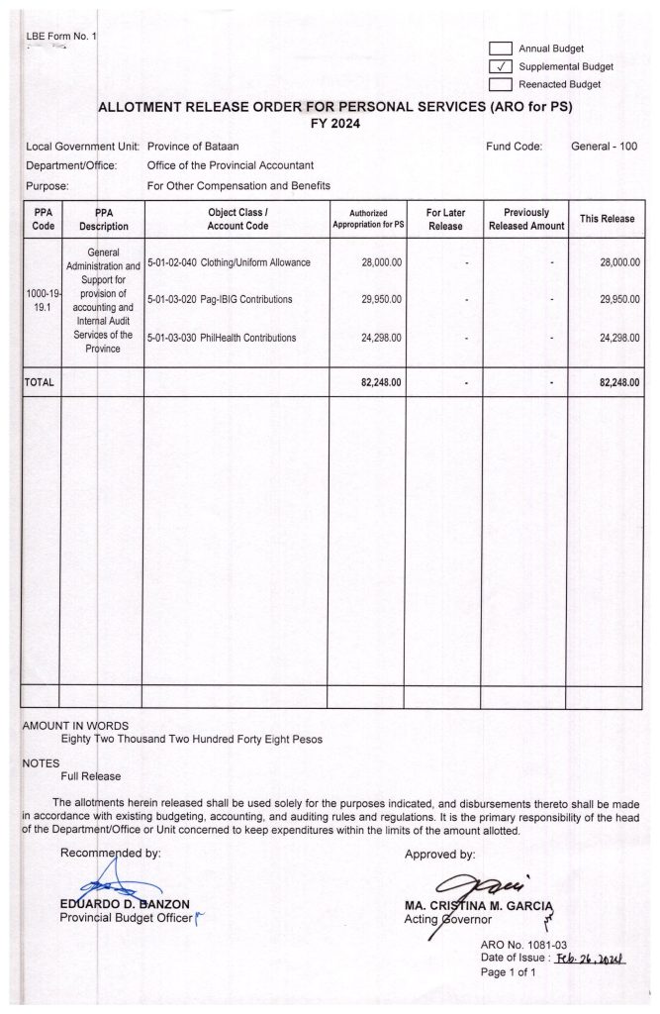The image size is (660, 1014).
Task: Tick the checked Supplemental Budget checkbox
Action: [501, 66]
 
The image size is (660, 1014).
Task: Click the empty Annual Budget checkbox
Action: [501, 49]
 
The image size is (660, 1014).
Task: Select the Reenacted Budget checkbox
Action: [501, 84]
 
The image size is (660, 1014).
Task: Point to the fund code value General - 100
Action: [604, 147]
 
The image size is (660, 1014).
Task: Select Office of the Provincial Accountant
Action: [231, 165]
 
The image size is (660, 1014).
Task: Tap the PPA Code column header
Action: [40, 219]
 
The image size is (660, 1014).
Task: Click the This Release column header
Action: [607, 219]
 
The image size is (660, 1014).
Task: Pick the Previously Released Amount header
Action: [525, 219]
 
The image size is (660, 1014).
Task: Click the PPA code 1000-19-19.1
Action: [40, 301]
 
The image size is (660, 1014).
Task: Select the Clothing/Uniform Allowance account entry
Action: [229, 262]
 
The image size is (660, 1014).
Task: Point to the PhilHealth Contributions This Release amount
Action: [619, 338]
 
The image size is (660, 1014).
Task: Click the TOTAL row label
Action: [40, 381]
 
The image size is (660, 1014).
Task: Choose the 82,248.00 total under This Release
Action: [619, 381]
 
